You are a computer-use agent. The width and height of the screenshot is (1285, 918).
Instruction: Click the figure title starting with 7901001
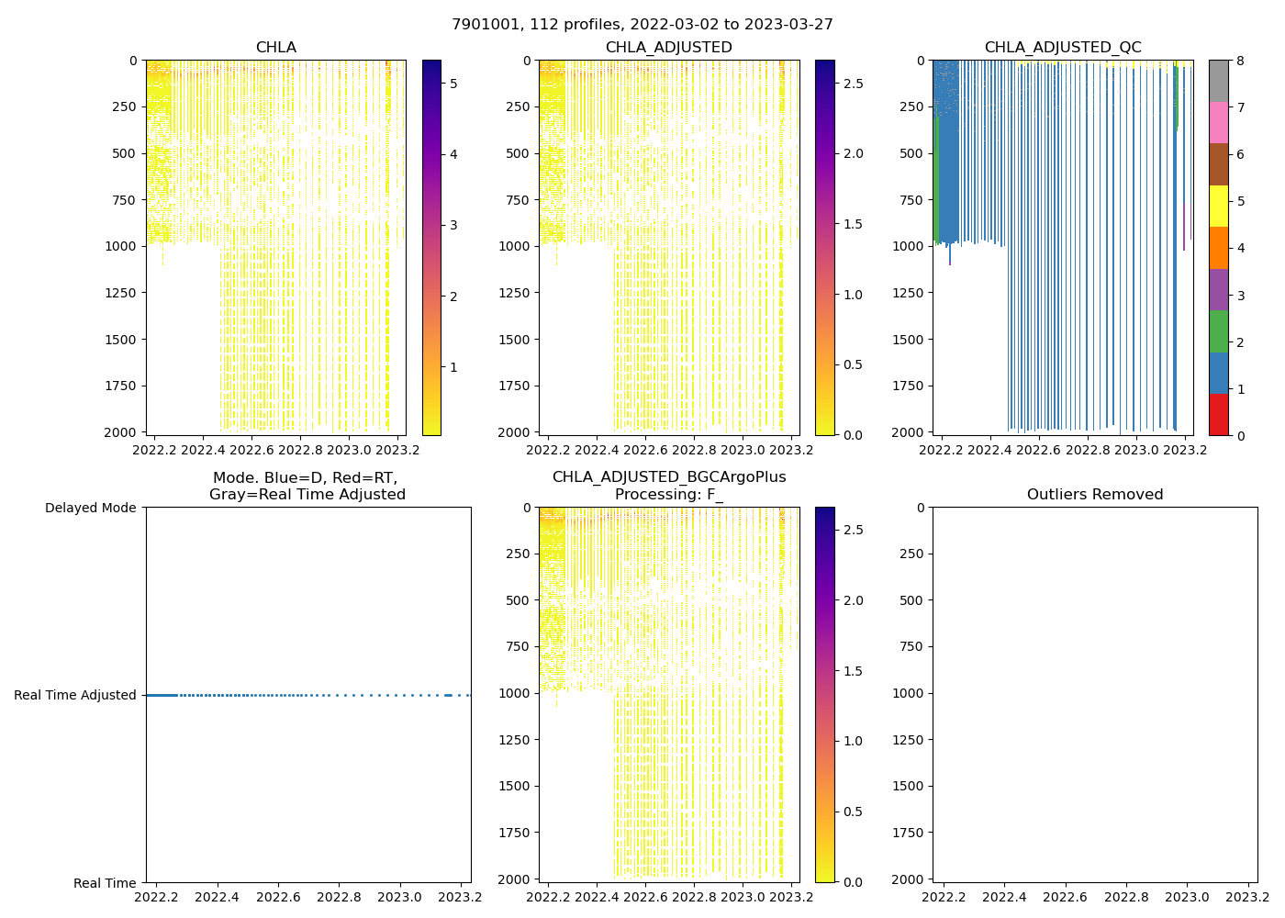click(x=642, y=25)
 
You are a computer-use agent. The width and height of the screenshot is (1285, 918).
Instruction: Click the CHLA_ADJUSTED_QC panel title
click(x=1063, y=48)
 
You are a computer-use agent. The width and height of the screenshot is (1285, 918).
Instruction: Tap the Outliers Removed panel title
click(x=1095, y=495)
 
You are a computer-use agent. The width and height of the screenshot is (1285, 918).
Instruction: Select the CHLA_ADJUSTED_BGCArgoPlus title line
click(x=668, y=477)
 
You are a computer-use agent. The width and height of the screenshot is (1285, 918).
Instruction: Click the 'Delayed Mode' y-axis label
click(x=90, y=508)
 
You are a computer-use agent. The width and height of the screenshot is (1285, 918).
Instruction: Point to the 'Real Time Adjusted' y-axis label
click(x=75, y=696)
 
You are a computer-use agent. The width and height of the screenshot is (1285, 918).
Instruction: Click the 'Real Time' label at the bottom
click(x=105, y=883)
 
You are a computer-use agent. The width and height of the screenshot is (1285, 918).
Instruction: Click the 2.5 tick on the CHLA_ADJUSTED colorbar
click(x=853, y=84)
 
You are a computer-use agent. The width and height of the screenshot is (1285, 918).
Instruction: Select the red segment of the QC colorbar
click(x=1218, y=414)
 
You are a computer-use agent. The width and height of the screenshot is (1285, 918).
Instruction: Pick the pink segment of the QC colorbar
click(x=1218, y=122)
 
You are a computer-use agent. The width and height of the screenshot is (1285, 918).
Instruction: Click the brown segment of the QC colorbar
click(x=1218, y=164)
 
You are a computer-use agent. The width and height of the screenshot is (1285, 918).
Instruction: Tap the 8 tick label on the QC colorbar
click(x=1240, y=62)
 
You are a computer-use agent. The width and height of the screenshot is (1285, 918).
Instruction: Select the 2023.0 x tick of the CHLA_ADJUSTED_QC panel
click(x=1136, y=450)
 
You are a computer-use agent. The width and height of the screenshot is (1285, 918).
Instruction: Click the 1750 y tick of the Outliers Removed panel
click(x=905, y=833)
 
